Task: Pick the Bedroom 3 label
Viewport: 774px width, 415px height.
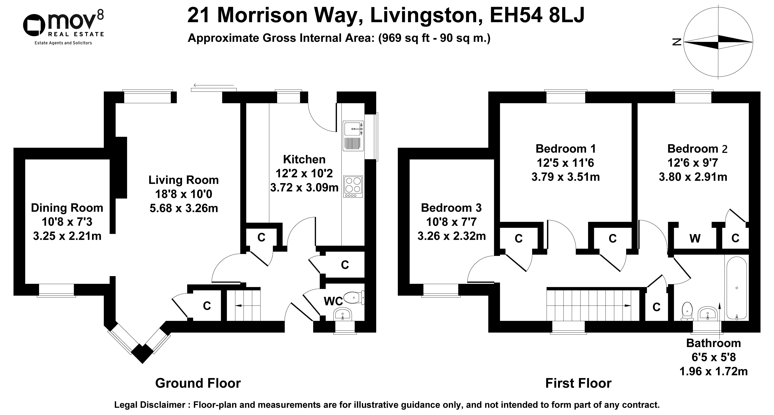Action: click(451, 208)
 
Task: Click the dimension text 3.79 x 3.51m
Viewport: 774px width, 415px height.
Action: click(565, 177)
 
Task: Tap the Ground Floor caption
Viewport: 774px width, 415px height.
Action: click(198, 383)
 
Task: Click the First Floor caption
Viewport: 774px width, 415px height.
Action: click(578, 383)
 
